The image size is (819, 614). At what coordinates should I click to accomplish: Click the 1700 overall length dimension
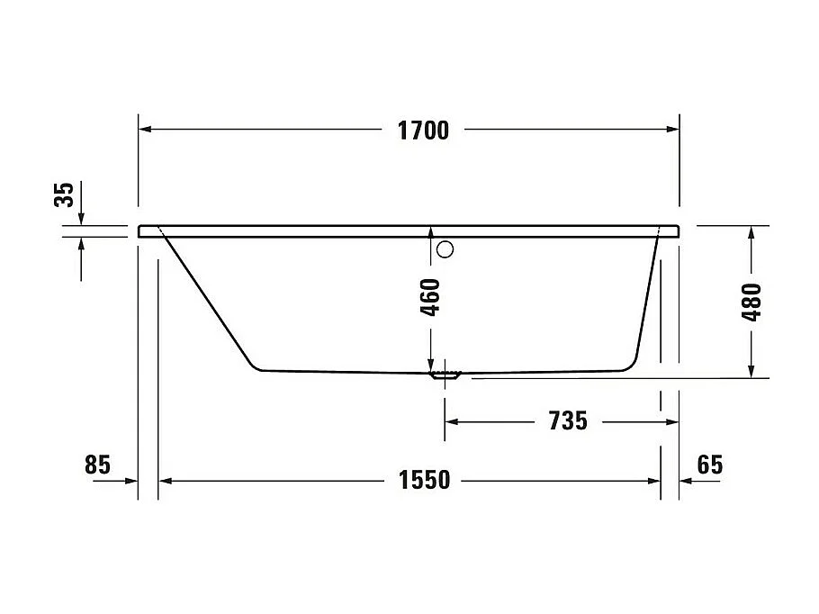click(423, 131)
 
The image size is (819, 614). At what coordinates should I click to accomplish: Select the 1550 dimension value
click(424, 481)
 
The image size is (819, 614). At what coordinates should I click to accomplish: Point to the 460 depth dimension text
click(431, 297)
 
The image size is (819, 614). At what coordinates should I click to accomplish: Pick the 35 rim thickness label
click(65, 194)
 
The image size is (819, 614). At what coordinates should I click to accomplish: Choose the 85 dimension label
click(97, 465)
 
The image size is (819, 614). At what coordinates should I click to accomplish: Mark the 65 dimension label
click(709, 465)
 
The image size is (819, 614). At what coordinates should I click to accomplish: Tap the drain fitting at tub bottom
click(445, 375)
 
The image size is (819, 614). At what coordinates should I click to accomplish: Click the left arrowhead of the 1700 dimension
click(147, 130)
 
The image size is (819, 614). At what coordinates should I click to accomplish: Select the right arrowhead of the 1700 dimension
click(670, 130)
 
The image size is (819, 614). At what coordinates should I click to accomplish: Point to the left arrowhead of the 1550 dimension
click(166, 481)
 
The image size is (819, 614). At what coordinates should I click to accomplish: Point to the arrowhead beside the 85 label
click(130, 481)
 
